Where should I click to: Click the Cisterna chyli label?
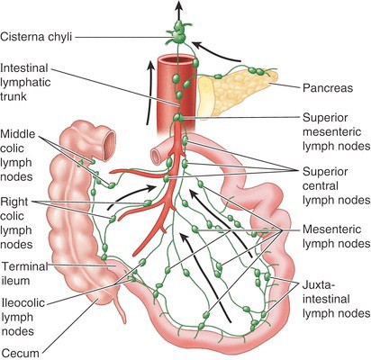pos(36,37)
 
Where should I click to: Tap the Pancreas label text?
pos(328,88)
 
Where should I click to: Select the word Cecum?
pos(20,353)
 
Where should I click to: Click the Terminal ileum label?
pos(25,274)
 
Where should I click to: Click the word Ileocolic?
pos(23,302)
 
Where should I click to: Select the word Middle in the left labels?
pos(18,134)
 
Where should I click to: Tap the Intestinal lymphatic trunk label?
pos(25,82)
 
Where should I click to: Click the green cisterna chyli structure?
pos(178,31)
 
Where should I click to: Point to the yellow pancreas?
pos(236,90)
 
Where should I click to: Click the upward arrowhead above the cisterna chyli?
pos(179,5)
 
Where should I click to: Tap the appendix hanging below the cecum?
pos(120,309)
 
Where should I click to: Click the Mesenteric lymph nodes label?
pos(336,237)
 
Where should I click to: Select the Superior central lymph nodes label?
pos(336,186)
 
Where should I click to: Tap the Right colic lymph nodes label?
pos(16,223)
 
